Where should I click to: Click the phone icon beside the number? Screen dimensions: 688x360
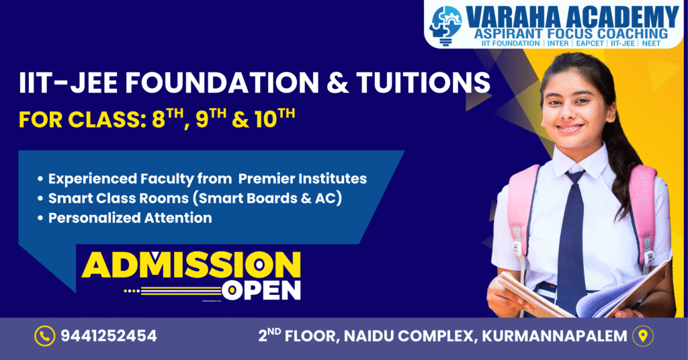click(x=45, y=336)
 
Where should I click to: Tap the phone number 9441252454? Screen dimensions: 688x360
click(x=109, y=336)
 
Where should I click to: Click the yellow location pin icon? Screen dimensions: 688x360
click(x=643, y=336)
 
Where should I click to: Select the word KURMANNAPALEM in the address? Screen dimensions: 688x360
click(x=554, y=336)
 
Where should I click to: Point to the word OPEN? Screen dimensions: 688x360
click(x=261, y=289)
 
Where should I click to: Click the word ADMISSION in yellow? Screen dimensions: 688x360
click(x=191, y=265)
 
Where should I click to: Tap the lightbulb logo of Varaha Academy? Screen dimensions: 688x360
click(x=445, y=26)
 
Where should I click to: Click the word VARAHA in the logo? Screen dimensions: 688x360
click(x=512, y=17)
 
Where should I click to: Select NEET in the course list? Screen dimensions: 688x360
click(x=651, y=44)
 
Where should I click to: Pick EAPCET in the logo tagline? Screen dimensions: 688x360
click(x=590, y=44)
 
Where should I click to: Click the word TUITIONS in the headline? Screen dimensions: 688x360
click(x=423, y=82)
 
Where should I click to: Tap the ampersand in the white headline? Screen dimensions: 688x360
click(x=337, y=83)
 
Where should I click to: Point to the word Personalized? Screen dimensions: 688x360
click(x=94, y=218)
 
